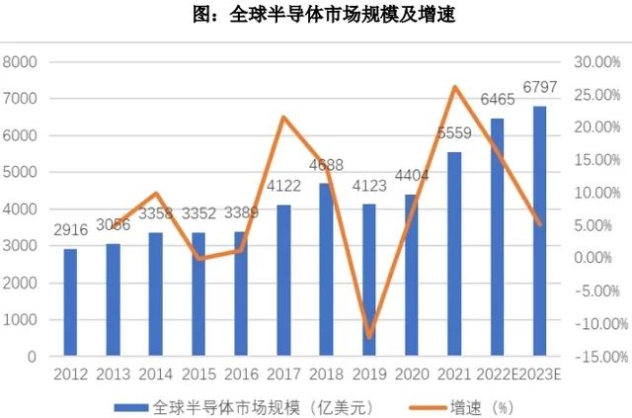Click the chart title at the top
[x=316, y=16]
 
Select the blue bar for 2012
[x=70, y=302]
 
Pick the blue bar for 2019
[x=368, y=281]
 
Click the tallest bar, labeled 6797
[x=539, y=231]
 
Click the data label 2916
[x=70, y=240]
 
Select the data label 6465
[x=497, y=100]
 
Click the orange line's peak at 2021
[x=454, y=87]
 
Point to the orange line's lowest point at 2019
[x=369, y=337]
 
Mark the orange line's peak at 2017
[x=283, y=118]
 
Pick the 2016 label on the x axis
[x=240, y=375]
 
